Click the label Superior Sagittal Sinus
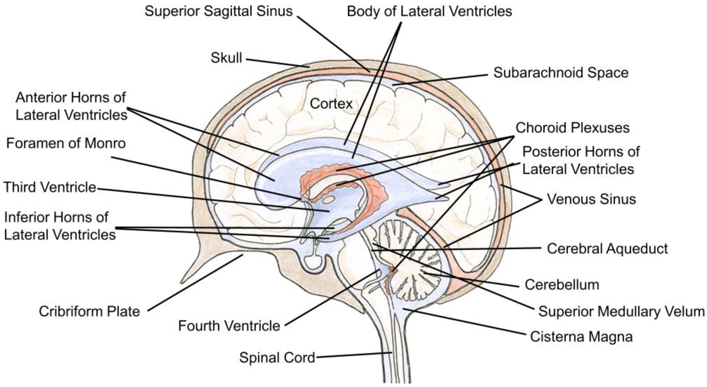pos(219,11)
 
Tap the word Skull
pos(226,58)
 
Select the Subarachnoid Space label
pos(561,73)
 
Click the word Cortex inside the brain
pos(331,104)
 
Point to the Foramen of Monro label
pos(66,143)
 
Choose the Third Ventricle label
pos(50,188)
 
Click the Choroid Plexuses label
pos(573,128)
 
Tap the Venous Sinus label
pos(591,199)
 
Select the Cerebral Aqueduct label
pos(607,249)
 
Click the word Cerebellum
pos(562,285)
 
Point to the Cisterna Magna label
pos(581,337)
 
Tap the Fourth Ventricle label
pos(229,326)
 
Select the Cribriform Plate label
pos(89,312)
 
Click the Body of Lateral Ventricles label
pos(430,11)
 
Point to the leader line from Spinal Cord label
pos(354,355)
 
